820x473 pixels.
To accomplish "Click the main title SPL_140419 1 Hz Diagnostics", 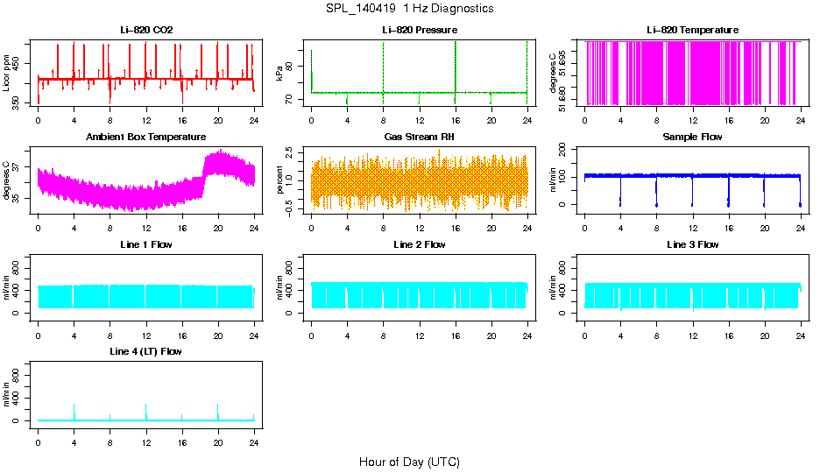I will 409,9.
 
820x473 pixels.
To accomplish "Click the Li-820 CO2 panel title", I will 146,30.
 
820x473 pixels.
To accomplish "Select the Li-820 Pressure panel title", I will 419,30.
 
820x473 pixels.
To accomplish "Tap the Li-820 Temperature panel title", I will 692,30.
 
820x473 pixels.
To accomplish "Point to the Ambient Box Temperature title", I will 146,137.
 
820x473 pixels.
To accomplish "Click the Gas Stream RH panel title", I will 419,137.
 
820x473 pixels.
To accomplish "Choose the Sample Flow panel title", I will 692,137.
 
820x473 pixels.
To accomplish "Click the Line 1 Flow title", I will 146,244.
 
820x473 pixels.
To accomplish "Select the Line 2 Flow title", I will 419,244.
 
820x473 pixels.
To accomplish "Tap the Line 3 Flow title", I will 692,244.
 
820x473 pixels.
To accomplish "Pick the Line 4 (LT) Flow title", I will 146,351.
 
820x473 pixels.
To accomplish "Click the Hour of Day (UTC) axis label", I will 409,462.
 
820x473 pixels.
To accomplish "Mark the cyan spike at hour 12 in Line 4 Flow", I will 146,410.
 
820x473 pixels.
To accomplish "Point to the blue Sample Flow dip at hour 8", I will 656,193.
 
